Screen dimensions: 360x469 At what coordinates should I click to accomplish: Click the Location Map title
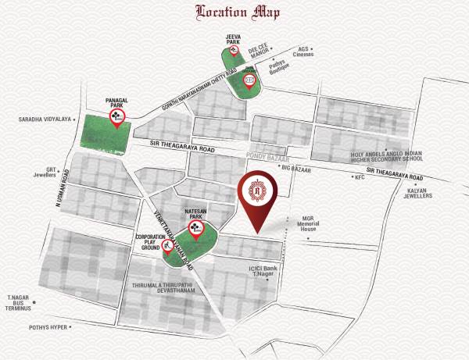234,12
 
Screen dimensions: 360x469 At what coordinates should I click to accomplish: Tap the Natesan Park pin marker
195,229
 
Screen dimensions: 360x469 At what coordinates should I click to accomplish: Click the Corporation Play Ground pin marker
166,249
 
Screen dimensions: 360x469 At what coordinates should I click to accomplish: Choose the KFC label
360,177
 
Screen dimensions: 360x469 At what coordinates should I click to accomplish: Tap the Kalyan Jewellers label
417,192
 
